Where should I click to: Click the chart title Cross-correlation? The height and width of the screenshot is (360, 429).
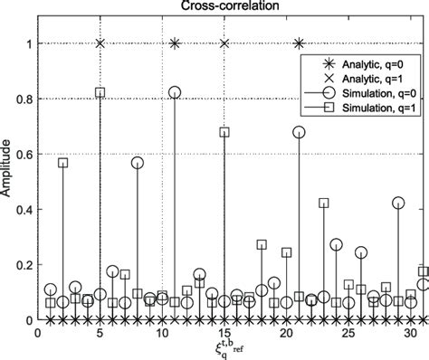click(230, 7)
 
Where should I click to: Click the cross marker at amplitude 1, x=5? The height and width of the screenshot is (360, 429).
click(100, 43)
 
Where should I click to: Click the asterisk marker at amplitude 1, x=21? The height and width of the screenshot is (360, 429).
click(300, 43)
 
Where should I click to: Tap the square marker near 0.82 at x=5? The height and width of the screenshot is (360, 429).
click(100, 93)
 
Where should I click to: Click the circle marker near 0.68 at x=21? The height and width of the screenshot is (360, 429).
click(300, 132)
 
